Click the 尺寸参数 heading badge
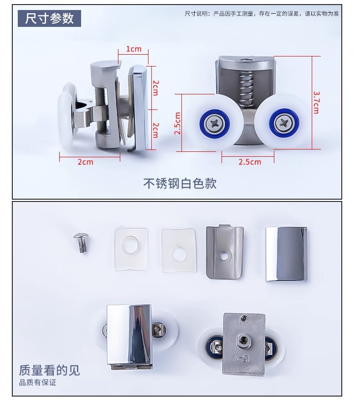click(50, 18)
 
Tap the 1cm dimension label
click(134, 49)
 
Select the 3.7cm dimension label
click(316, 102)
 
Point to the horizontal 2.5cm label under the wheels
click(250, 162)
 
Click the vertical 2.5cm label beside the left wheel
click(177, 124)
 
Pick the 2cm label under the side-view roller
click(85, 162)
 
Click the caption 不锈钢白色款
click(180, 183)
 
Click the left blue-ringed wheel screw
click(215, 124)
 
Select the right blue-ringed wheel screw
click(284, 124)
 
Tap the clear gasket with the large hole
click(131, 249)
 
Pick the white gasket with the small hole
click(179, 250)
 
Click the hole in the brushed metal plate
click(225, 255)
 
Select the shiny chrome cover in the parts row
click(286, 254)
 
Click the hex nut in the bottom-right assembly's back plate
click(242, 340)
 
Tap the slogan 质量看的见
click(50, 370)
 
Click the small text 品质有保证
click(37, 382)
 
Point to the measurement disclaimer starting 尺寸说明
click(262, 14)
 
